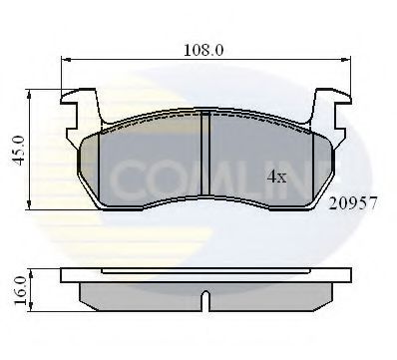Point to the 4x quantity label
point(276,177)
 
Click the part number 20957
point(354,202)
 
